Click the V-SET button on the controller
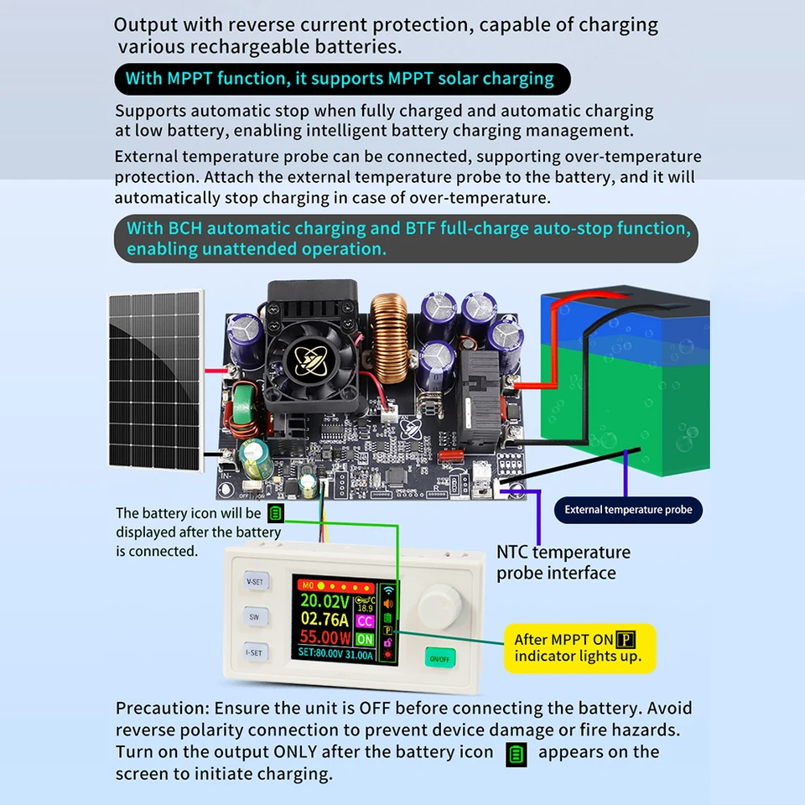point(256,581)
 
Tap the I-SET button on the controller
point(255,652)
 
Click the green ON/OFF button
point(439,658)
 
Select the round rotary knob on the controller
point(439,608)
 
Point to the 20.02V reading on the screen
point(325,600)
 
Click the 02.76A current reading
point(325,619)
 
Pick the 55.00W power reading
point(325,637)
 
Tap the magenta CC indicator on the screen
point(365,621)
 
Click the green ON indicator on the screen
point(365,639)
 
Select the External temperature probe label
point(628,510)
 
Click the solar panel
point(156,380)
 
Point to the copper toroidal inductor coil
point(389,338)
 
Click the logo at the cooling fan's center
point(310,357)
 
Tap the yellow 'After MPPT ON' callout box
point(579,648)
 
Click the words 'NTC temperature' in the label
point(563,553)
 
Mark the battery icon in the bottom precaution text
point(517,755)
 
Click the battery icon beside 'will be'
point(276,513)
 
